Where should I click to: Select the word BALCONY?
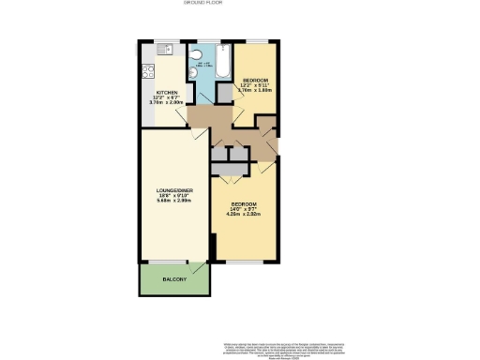pos(174,280)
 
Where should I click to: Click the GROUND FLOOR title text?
pos(240,4)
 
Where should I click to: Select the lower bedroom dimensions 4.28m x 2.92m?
pos(243,215)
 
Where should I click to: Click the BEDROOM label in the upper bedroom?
pos(253,81)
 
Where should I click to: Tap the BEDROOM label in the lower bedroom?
pos(243,203)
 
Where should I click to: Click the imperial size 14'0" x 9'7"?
pos(243,209)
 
